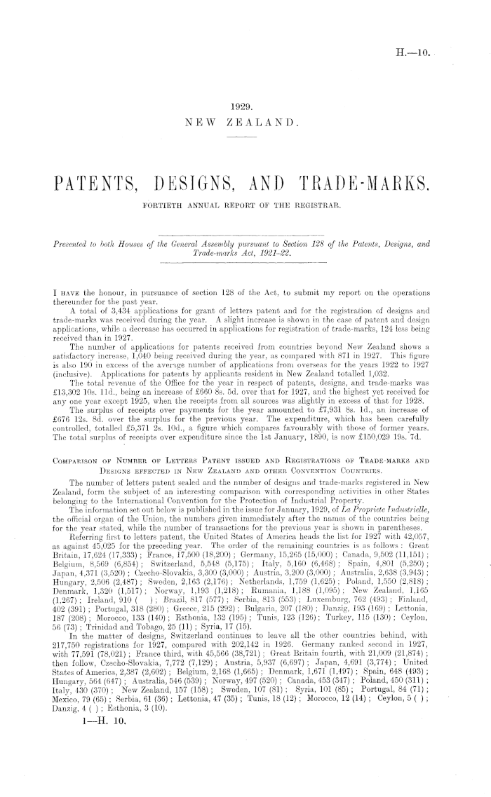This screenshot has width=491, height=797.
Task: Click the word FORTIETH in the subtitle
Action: pyautogui.click(x=166, y=206)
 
